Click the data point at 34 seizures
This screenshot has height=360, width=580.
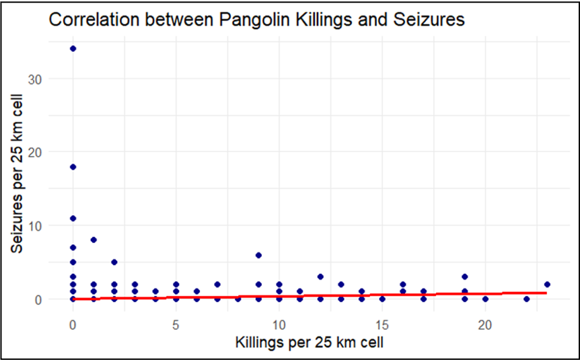pyautogui.click(x=73, y=48)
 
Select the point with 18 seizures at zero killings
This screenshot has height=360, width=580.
pyautogui.click(x=73, y=166)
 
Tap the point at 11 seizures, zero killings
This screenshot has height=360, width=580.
pyautogui.click(x=73, y=218)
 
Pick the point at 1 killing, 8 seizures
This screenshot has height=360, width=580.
pyautogui.click(x=94, y=240)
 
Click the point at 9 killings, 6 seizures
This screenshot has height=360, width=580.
pyautogui.click(x=258, y=255)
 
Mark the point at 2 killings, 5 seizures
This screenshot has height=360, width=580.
pyautogui.click(x=114, y=262)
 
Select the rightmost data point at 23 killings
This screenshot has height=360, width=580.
pyautogui.click(x=547, y=284)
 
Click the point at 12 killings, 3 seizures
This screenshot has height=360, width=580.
pyautogui.click(x=320, y=277)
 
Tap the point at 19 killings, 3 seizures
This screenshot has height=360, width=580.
pyautogui.click(x=464, y=277)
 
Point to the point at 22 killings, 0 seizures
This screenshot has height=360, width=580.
pyautogui.click(x=526, y=299)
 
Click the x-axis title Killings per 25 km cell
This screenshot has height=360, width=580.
pyautogui.click(x=310, y=343)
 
